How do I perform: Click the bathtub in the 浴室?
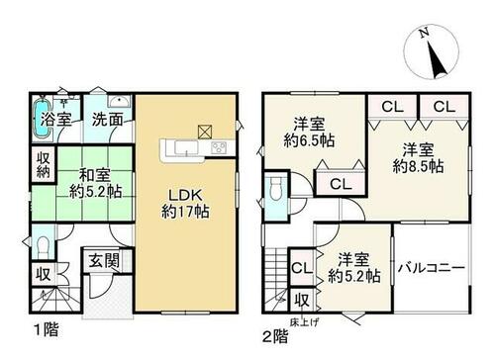click(x=42, y=119)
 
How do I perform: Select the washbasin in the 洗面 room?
click(x=119, y=101)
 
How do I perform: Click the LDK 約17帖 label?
click(x=185, y=204)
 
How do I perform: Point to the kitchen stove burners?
click(x=219, y=146)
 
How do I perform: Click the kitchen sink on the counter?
click(x=186, y=147)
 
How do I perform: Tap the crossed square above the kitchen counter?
click(x=205, y=132)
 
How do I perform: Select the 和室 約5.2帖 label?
click(x=96, y=184)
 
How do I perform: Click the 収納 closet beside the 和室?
click(x=44, y=164)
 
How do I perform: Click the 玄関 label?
click(x=104, y=261)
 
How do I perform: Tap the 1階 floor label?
click(x=47, y=329)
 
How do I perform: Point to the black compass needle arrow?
click(x=437, y=59)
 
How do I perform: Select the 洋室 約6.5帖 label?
click(x=309, y=133)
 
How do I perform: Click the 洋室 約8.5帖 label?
click(x=418, y=158)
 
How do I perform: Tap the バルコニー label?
click(x=432, y=268)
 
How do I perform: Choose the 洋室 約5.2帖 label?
click(x=354, y=268)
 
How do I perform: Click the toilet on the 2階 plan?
click(x=275, y=189)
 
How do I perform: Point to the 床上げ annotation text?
click(x=304, y=322)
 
